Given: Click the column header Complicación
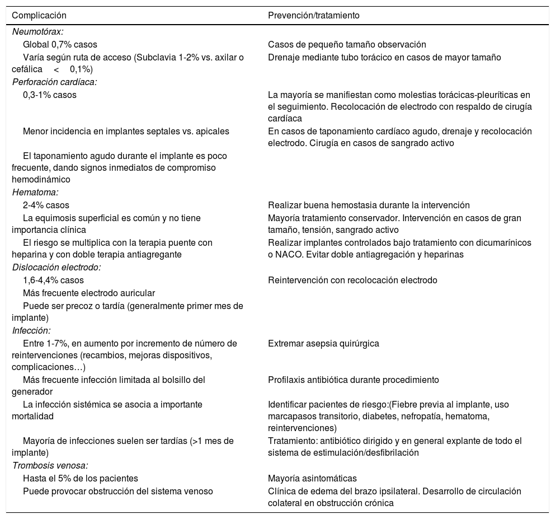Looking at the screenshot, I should coord(39,16).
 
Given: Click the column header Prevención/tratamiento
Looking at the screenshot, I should coord(313,16).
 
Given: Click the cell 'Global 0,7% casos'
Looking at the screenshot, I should coord(60,45).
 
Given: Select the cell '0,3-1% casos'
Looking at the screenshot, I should coord(50,95).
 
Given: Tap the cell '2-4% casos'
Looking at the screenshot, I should coord(46,205).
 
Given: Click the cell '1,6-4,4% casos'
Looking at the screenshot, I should coord(54,280).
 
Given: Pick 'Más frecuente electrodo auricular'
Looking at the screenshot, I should coord(89,293).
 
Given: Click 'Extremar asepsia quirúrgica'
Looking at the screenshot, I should coord(323,343).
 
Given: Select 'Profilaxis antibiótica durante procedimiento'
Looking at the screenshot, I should coord(353,380).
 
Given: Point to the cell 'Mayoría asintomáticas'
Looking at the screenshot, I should coord(312,479).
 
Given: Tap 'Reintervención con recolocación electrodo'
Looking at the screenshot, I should coord(352,280).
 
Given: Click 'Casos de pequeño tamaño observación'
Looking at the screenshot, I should coord(347,45).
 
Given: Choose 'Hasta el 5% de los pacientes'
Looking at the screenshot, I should coord(80,479).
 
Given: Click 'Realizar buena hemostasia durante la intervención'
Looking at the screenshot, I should coord(369,205).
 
